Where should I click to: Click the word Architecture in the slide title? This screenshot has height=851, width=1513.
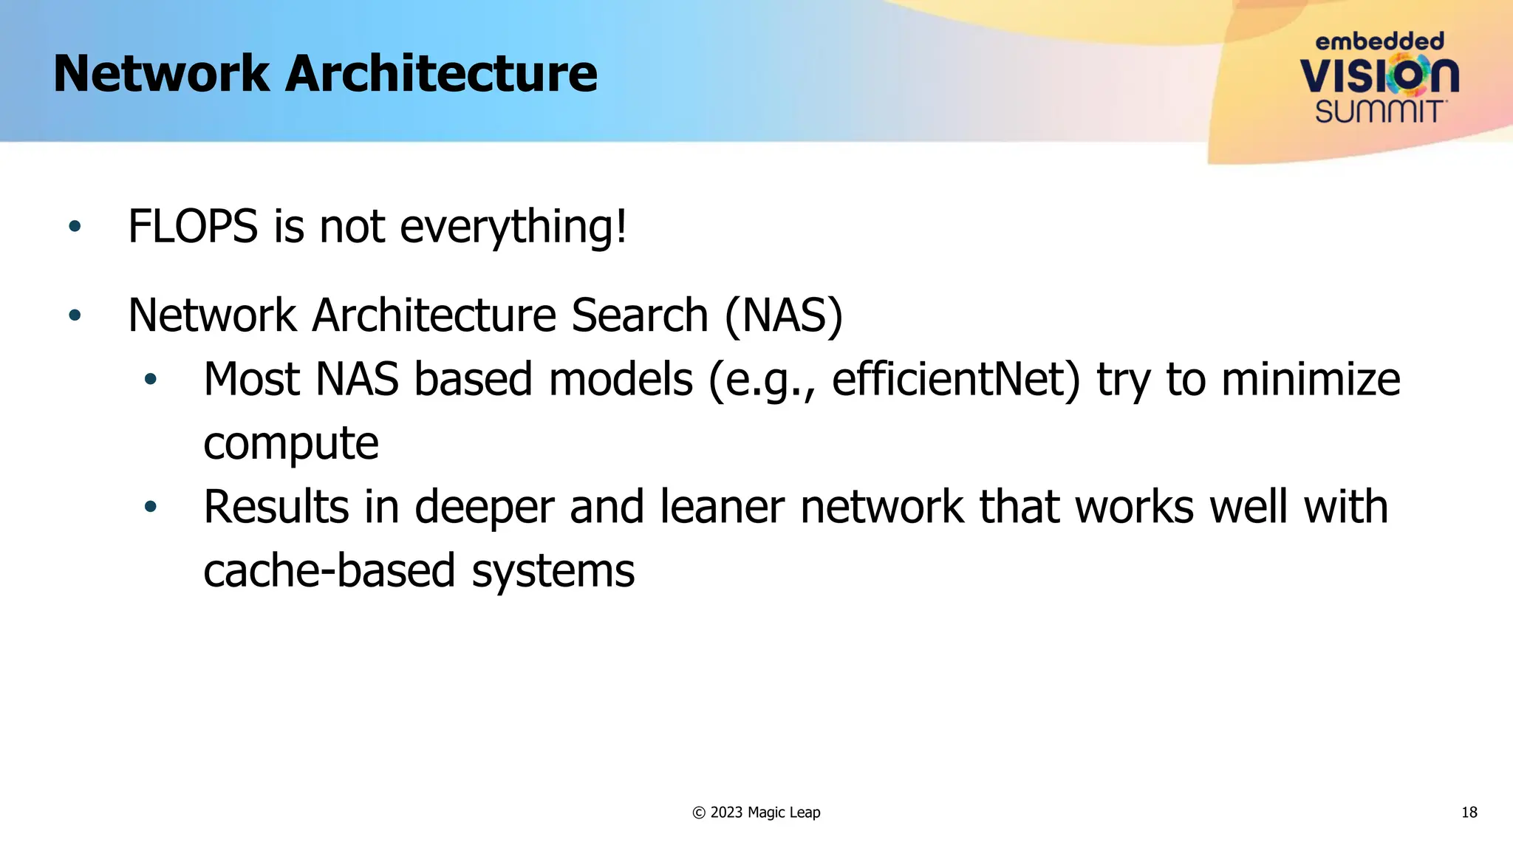[441, 74]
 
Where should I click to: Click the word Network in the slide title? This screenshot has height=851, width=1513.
[162, 74]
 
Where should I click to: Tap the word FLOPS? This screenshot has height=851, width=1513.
[193, 226]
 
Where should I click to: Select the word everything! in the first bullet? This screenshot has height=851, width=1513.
[513, 226]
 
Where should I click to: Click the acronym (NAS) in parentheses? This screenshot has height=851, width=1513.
[784, 315]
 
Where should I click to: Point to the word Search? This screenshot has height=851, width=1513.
[640, 315]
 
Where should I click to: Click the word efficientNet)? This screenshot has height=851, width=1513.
[956, 380]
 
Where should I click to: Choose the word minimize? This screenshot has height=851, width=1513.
[1311, 380]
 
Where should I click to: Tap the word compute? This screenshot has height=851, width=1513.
[291, 443]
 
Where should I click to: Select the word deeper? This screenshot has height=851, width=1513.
[484, 507]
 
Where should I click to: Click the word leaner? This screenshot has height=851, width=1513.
[722, 507]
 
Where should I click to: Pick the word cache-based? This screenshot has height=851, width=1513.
[329, 571]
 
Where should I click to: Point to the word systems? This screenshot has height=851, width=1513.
[553, 571]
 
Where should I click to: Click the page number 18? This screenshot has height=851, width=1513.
[1469, 813]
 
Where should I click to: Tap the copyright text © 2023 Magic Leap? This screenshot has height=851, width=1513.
[756, 813]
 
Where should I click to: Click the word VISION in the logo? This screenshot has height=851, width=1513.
[1379, 75]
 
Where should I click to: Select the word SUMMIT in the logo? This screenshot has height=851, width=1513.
[1379, 112]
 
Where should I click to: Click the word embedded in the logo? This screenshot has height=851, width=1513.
[1379, 41]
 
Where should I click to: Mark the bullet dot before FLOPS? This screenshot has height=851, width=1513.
[75, 226]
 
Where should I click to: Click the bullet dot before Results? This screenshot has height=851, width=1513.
[151, 507]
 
